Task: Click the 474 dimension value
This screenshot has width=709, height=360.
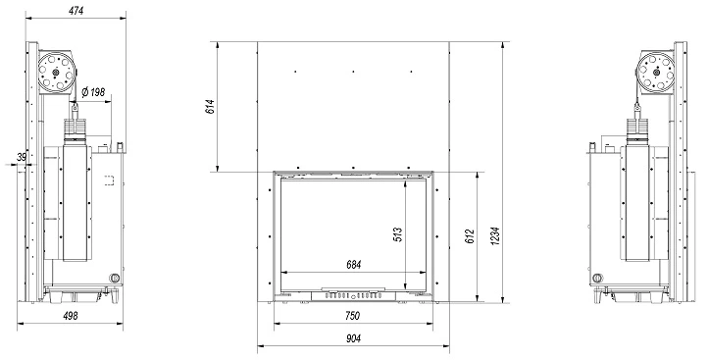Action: coord(76,11)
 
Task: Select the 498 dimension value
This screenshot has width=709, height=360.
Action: coord(70,316)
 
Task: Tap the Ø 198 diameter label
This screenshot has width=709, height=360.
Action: coord(93,92)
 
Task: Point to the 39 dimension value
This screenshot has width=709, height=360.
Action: coord(22,157)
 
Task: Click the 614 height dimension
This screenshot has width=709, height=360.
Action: coord(211,107)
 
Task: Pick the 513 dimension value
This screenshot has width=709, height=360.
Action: coord(397,234)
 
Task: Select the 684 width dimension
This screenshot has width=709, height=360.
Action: coord(354,265)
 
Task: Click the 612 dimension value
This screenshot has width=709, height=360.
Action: coord(470,236)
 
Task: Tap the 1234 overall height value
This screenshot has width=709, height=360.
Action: coord(495,236)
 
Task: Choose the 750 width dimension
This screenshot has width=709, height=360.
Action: coord(352,316)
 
